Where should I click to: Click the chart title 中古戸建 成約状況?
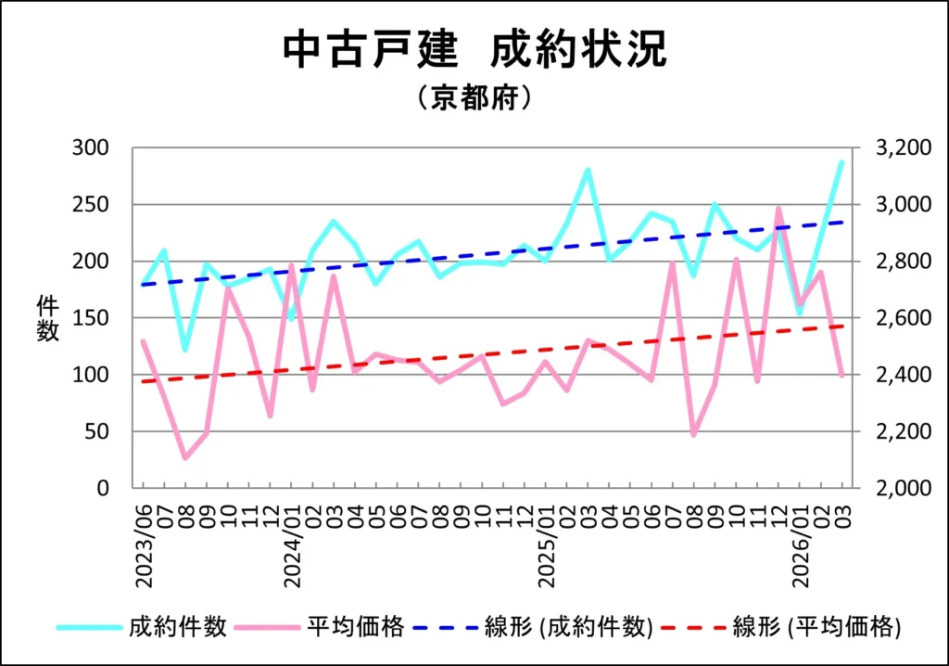tap(474, 51)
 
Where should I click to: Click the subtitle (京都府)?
tap(474, 97)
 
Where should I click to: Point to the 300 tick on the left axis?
tap(91, 148)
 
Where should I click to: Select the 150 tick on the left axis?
tap(91, 318)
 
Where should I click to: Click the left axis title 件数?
tap(47, 318)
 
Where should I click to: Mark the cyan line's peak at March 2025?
tap(588, 171)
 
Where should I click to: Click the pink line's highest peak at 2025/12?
tap(778, 209)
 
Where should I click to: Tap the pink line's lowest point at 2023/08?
tap(185, 457)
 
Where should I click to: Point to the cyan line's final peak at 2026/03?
tap(841, 162)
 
